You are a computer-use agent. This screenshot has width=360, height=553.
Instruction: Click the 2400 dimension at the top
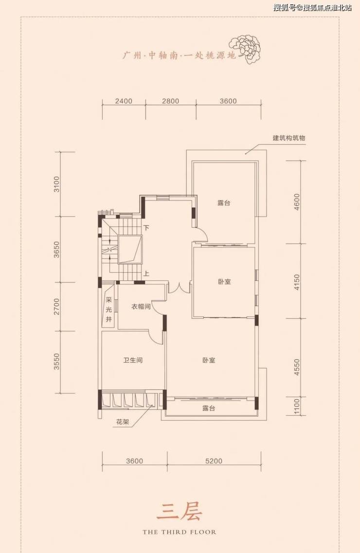click(x=124, y=101)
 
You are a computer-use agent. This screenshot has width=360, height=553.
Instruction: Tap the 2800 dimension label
click(x=171, y=101)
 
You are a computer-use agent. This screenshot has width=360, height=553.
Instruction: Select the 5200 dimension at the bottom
click(x=214, y=461)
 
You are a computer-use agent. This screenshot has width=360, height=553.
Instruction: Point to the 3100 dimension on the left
click(x=57, y=184)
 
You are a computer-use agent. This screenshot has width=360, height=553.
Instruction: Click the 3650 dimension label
click(x=57, y=250)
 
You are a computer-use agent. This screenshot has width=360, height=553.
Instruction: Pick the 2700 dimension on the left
click(x=57, y=307)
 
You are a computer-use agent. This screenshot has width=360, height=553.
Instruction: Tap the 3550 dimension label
click(x=57, y=362)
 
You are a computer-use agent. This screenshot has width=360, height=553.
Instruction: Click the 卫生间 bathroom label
click(x=133, y=360)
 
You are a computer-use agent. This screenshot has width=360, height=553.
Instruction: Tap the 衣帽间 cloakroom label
click(x=141, y=307)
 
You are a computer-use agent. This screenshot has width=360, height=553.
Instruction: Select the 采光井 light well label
click(x=109, y=310)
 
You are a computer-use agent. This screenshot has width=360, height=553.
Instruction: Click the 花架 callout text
click(x=123, y=422)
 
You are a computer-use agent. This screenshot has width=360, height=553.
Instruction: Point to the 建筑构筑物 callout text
click(x=289, y=138)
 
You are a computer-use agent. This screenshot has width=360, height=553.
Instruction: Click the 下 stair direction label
click(x=146, y=228)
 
